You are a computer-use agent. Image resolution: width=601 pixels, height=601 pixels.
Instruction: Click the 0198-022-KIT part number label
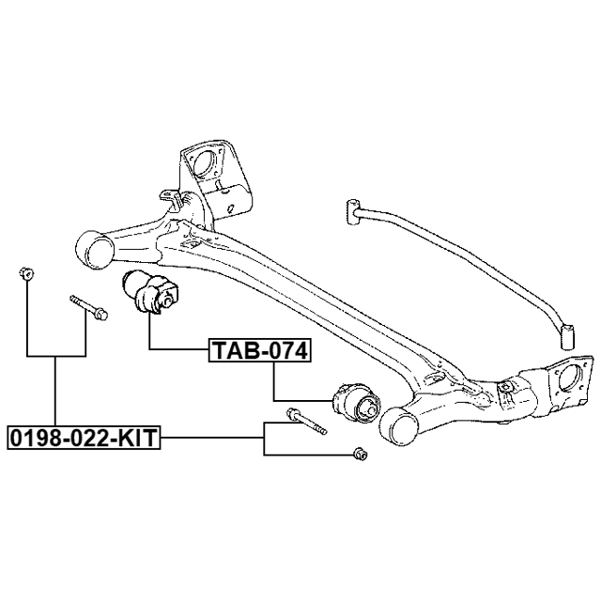pos(84,437)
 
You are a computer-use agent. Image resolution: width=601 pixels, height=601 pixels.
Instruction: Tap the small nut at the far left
pos(26,274)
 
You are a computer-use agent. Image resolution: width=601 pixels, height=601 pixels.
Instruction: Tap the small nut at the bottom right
pos(359,455)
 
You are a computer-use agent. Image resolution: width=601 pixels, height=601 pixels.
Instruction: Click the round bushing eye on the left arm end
pos(95,251)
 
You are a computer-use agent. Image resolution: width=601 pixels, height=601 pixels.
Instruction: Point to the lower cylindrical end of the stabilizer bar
pos(566,333)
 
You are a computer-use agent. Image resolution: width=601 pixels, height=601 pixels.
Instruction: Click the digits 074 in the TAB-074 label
pos(285,351)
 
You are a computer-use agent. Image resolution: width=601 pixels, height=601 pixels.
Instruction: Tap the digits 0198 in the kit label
pos(31,437)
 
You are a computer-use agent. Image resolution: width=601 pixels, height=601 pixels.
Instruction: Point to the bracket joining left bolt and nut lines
pos(56,356)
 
